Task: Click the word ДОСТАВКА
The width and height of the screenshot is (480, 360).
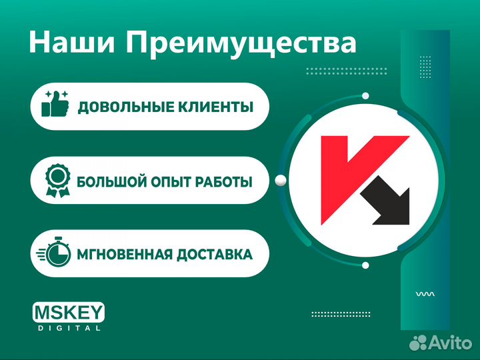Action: tap(217, 254)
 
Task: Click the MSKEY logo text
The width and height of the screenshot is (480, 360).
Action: tap(69, 313)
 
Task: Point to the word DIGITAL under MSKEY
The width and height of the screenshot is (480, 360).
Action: tap(69, 328)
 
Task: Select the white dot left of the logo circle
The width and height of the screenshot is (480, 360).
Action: tap(281, 179)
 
